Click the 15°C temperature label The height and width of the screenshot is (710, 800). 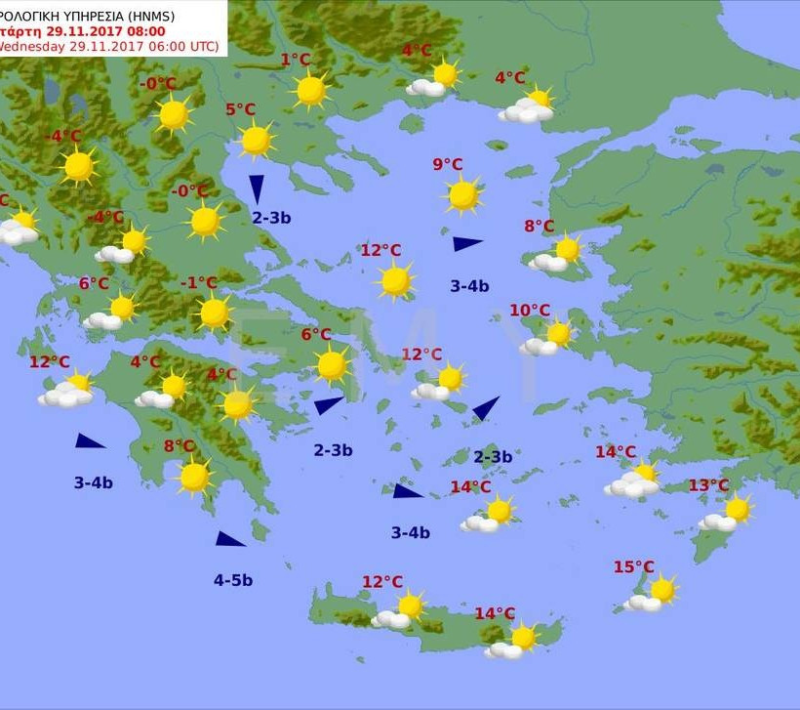point(633,566)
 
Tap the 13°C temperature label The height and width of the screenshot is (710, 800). point(708,485)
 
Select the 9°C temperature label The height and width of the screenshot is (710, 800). point(448,164)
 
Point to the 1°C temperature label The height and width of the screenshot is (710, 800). point(296,60)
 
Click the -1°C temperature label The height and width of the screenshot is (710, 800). point(199,283)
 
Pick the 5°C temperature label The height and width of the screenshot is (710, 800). point(240,109)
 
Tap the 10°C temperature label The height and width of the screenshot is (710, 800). point(530,311)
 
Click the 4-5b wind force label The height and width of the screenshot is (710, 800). point(233,580)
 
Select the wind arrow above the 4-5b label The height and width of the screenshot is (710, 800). point(230,539)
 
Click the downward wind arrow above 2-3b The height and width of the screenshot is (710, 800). point(257,188)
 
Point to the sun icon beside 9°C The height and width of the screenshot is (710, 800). point(463,194)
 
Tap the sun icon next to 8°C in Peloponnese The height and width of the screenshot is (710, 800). point(194,477)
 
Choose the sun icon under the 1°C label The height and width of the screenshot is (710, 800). point(311,91)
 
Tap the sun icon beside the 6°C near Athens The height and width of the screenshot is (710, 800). point(333,365)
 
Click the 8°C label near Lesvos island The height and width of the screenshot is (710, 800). point(539,226)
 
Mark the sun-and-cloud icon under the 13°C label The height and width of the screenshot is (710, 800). point(728,514)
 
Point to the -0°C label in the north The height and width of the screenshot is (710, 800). point(158,84)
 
